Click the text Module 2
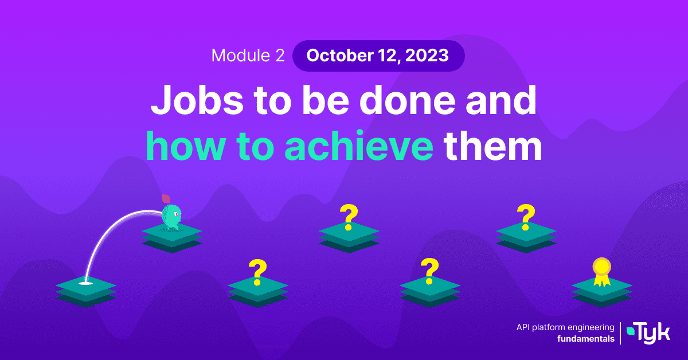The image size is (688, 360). (x=248, y=56)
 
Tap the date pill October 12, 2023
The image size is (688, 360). (x=378, y=56)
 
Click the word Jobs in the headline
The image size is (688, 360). (x=197, y=100)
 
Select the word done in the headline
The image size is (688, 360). (x=407, y=100)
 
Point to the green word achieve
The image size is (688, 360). (x=359, y=145)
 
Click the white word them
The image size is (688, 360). (x=492, y=145)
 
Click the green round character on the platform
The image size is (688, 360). (x=171, y=217)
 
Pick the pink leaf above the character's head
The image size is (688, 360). (x=166, y=199)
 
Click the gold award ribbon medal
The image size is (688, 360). (x=601, y=272)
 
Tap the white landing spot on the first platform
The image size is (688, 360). (x=85, y=283)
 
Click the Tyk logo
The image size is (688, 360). (x=648, y=333)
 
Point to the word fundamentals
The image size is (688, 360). (x=586, y=339)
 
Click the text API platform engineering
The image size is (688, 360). (x=565, y=327)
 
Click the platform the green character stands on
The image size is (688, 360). (x=172, y=238)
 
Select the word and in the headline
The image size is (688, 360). (x=501, y=100)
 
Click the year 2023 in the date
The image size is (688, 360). (x=427, y=56)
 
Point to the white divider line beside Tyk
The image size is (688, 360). (x=620, y=333)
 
